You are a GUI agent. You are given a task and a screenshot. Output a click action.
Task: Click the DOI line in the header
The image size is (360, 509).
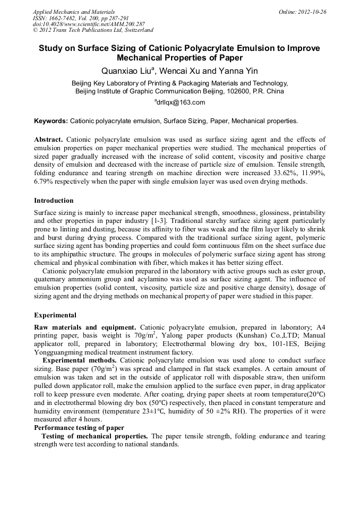89,24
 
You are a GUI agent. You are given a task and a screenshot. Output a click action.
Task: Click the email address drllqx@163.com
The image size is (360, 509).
180,102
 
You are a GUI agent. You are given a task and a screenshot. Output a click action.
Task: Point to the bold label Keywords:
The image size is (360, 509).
51,121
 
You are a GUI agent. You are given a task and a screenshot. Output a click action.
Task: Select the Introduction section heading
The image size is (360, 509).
54,201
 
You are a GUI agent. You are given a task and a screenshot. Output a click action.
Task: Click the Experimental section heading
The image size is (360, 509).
55,315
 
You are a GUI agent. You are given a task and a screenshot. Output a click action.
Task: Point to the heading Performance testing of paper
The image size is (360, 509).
79,427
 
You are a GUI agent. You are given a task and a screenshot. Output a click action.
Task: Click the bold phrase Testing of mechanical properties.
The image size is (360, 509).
95,436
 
